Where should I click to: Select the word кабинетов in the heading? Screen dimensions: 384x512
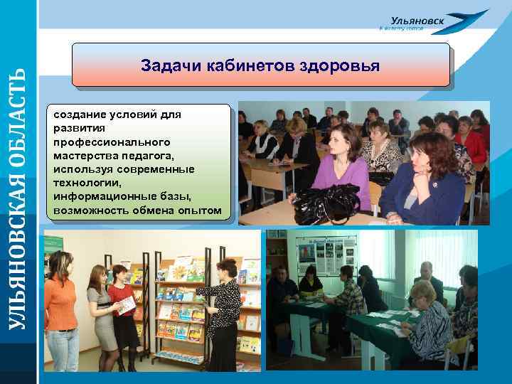click(252, 65)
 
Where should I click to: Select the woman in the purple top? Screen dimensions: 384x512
click(341, 167)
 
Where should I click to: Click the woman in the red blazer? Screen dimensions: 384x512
click(122, 306)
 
